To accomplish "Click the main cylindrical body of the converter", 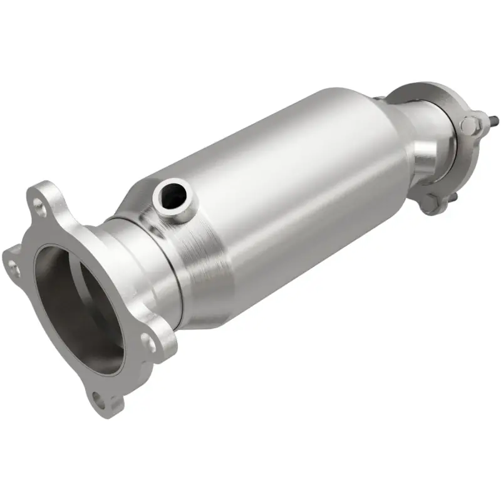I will [282, 188].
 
